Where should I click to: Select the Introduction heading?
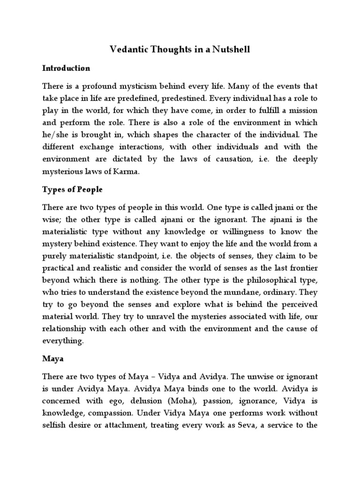pyautogui.click(x=66, y=68)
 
